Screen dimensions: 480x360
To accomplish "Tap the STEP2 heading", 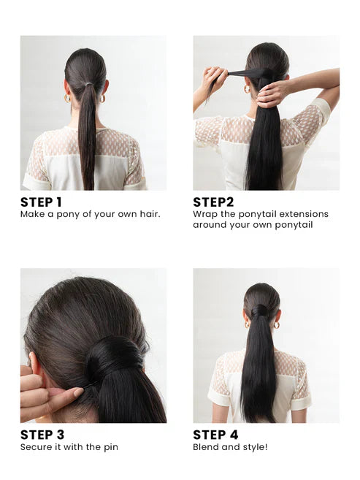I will (x=214, y=202).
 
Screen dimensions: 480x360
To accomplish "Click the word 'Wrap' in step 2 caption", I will (x=205, y=214).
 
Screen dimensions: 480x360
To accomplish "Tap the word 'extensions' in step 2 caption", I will (x=305, y=214).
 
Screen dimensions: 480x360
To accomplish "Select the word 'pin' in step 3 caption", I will (x=110, y=447).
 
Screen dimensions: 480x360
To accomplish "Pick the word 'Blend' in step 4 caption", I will (x=207, y=447).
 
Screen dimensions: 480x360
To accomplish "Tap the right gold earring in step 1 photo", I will (x=102, y=98).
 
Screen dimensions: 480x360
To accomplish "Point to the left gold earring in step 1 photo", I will (x=67, y=97).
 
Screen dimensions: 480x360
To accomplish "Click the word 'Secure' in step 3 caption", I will (x=37, y=447).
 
